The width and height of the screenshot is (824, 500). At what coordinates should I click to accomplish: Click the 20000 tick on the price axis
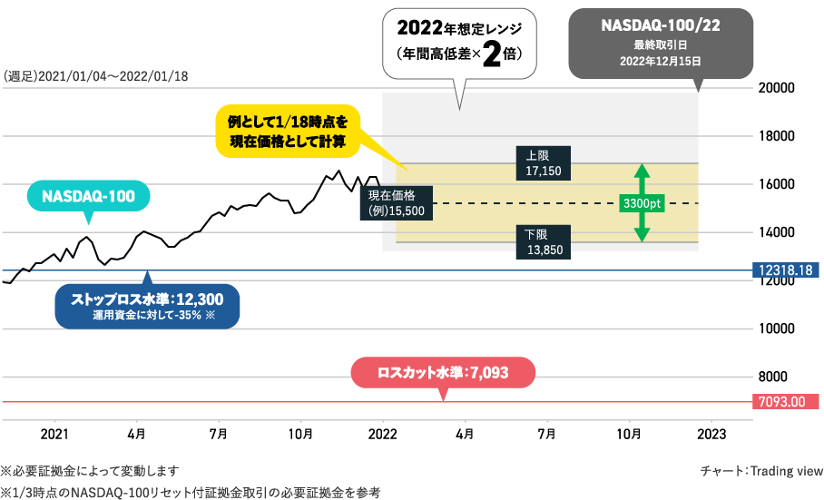(776, 88)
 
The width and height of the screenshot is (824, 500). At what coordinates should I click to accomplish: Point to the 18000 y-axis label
(776, 136)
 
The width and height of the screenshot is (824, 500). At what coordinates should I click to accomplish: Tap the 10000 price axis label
(776, 328)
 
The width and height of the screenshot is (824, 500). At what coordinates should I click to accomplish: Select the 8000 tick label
(772, 377)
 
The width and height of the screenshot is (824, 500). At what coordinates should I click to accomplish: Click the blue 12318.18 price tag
(786, 270)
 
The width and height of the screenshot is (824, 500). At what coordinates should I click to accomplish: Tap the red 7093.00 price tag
(786, 402)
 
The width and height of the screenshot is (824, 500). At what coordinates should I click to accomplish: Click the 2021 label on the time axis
(54, 435)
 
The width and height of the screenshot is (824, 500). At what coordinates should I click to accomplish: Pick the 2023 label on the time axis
(711, 435)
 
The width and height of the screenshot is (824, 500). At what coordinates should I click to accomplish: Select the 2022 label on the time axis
(383, 435)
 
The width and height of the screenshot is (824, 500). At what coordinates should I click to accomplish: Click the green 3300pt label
(643, 203)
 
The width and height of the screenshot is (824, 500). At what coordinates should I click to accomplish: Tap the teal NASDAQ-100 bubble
(88, 196)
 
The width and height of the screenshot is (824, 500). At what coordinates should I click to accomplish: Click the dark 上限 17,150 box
(543, 163)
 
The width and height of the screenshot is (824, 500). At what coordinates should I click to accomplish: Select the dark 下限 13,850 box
(543, 242)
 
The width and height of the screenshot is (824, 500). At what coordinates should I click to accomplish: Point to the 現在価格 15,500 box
(397, 202)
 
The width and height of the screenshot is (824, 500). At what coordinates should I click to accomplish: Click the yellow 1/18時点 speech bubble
(288, 132)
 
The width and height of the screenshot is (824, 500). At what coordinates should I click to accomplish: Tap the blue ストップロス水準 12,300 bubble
(147, 306)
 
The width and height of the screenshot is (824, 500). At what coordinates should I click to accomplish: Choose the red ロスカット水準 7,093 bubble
(443, 373)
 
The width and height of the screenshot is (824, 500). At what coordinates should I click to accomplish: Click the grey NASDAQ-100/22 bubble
(661, 44)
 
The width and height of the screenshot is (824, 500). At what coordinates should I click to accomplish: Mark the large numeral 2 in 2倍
(492, 54)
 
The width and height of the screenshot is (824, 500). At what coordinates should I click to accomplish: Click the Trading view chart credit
(761, 471)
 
